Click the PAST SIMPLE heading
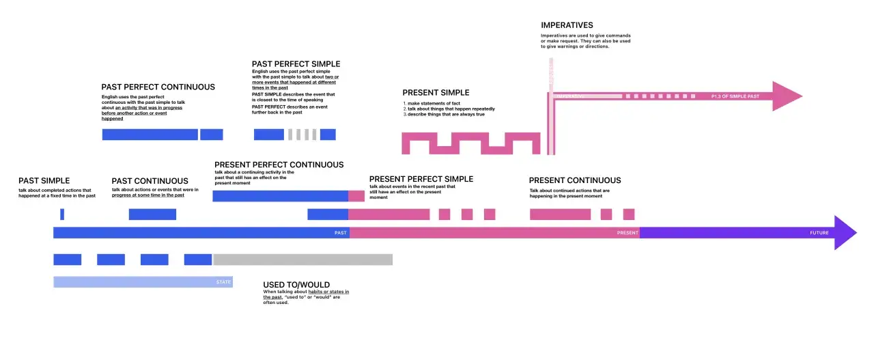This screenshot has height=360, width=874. click(x=44, y=180)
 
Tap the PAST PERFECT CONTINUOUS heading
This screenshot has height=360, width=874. click(x=158, y=87)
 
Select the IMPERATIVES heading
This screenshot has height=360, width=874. click(x=567, y=25)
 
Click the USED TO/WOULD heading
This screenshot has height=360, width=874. click(x=296, y=284)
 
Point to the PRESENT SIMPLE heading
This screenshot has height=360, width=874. click(x=436, y=93)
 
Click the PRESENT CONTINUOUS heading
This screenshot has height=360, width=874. click(x=575, y=180)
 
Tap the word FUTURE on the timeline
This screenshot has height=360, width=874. click(x=819, y=233)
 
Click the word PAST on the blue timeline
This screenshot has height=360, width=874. click(x=340, y=233)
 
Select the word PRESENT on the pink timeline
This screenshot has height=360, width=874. click(x=628, y=233)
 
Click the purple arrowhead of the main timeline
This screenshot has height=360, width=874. click(x=845, y=233)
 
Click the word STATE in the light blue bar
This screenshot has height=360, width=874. click(x=223, y=281)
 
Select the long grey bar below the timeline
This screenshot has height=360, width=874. click(x=302, y=260)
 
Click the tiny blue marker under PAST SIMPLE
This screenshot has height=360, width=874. click(x=62, y=214)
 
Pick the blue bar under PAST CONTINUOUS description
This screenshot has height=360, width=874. click(x=152, y=214)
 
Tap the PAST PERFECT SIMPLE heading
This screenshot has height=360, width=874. click(x=296, y=64)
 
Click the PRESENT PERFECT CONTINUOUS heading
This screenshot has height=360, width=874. click(x=279, y=165)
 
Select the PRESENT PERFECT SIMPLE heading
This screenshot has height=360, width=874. click(x=421, y=179)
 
